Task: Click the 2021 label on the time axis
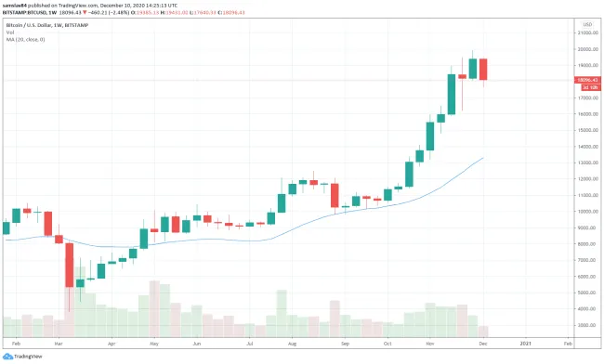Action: click(525, 343)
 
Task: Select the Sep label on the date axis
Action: click(345, 343)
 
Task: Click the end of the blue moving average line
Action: click(482, 159)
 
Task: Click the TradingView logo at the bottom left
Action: click(22, 357)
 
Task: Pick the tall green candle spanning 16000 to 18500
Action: click(452, 94)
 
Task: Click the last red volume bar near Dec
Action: click(483, 331)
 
